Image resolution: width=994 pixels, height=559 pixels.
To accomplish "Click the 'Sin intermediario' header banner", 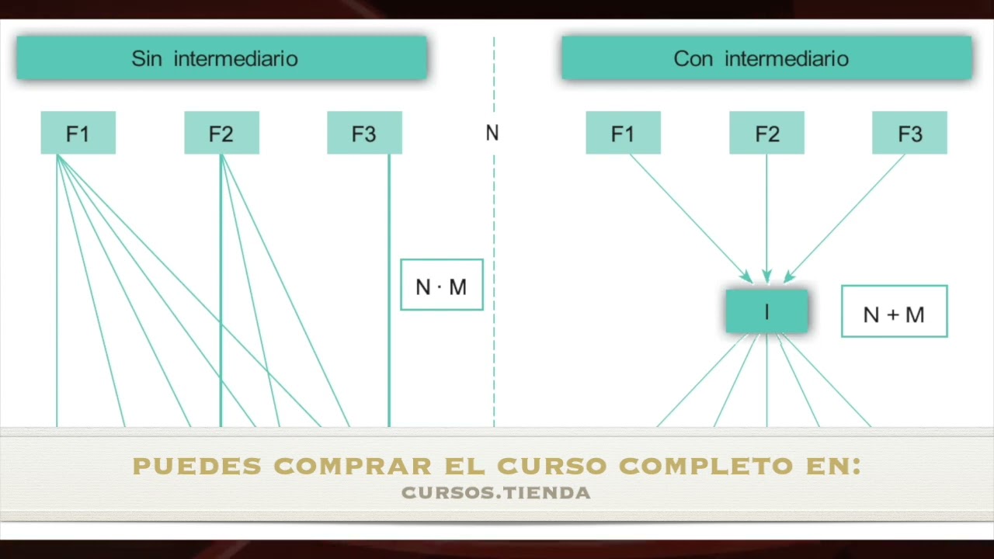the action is tap(222, 58).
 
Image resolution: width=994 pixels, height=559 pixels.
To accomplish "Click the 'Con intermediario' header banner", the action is tap(766, 58).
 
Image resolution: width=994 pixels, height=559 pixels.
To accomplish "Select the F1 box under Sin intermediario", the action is tap(78, 133).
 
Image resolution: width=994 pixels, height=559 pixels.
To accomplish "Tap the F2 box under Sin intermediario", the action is tap(222, 133).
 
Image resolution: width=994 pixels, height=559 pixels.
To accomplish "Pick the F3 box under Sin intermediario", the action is tap(365, 133).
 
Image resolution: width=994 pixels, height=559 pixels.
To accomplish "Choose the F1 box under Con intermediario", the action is tap(623, 133).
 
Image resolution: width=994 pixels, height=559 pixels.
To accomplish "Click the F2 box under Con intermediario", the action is tap(766, 133).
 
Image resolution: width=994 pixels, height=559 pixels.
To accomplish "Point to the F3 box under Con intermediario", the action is tap(909, 133).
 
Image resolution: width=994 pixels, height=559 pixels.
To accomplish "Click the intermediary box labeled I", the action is tap(766, 311).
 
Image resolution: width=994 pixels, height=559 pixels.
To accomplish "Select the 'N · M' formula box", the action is tap(442, 285).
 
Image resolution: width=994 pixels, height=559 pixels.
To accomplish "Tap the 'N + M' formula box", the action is tap(894, 311).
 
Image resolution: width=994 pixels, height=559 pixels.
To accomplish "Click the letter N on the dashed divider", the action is tap(492, 133).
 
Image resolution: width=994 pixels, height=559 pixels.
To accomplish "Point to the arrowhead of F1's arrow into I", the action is tap(746, 277).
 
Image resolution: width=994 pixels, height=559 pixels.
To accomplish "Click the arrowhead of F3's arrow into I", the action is tap(790, 276).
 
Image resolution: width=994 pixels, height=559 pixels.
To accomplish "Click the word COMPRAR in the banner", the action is tap(353, 466).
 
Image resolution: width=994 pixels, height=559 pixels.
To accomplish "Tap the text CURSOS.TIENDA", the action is tap(496, 493).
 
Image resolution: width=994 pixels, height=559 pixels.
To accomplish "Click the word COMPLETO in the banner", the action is tap(706, 466).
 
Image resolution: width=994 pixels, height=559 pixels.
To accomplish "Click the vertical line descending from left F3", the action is tap(389, 290).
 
